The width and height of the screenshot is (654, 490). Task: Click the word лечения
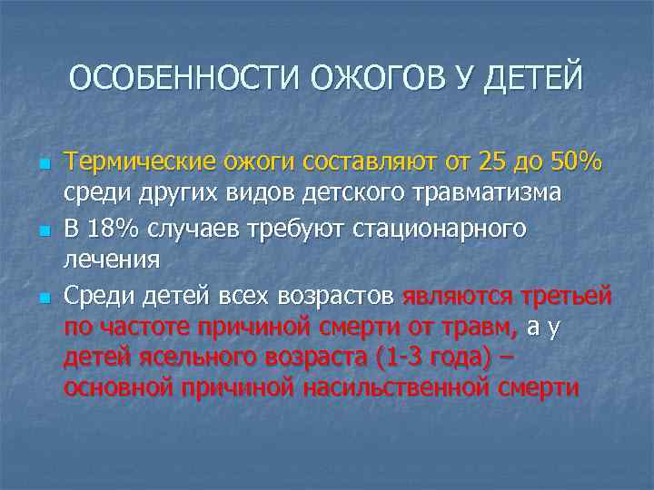pos(112,260)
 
